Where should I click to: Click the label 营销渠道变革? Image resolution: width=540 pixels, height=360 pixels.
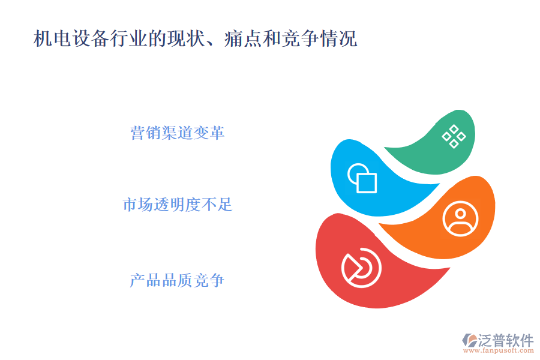tap(178, 133)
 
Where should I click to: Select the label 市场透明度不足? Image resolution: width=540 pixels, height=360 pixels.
tap(178, 205)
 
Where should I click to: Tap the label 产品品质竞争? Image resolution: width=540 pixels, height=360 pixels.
tap(178, 280)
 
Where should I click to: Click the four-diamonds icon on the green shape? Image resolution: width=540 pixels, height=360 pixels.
tap(454, 136)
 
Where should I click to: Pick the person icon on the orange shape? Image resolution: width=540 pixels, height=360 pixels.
tap(460, 218)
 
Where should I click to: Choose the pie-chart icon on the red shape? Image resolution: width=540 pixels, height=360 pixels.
tap(361, 268)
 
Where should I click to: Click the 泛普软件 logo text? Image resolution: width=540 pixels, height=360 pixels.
tap(506, 340)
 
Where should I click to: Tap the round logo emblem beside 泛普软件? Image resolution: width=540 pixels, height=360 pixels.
tap(469, 340)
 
